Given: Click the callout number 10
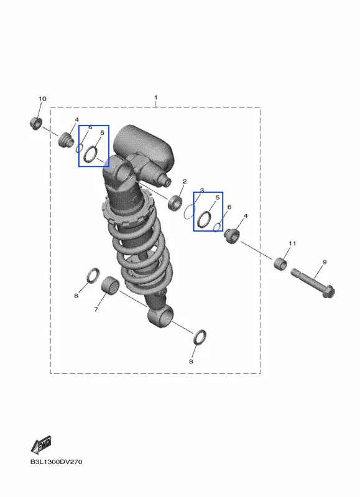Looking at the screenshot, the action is (x=42, y=99).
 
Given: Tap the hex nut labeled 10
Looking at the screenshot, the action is (x=35, y=123).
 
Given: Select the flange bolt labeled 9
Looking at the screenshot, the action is (x=313, y=283).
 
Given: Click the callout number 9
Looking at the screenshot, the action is (x=324, y=262).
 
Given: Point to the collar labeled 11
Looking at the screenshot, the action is (x=280, y=263).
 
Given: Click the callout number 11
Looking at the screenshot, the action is (x=292, y=243).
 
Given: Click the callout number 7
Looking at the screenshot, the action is (x=96, y=309).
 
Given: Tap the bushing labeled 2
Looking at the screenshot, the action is (x=175, y=203).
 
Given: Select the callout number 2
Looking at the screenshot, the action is (x=185, y=181).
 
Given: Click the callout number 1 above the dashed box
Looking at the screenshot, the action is (x=155, y=98).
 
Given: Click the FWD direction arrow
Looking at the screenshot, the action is (x=41, y=445).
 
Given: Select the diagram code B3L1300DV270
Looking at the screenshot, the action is (x=56, y=462).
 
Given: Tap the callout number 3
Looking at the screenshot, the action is (x=201, y=190).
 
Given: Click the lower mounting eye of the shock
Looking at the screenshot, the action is (x=161, y=317).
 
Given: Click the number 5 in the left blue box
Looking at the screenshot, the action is (x=102, y=133).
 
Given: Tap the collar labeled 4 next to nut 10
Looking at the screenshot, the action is (x=67, y=140).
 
